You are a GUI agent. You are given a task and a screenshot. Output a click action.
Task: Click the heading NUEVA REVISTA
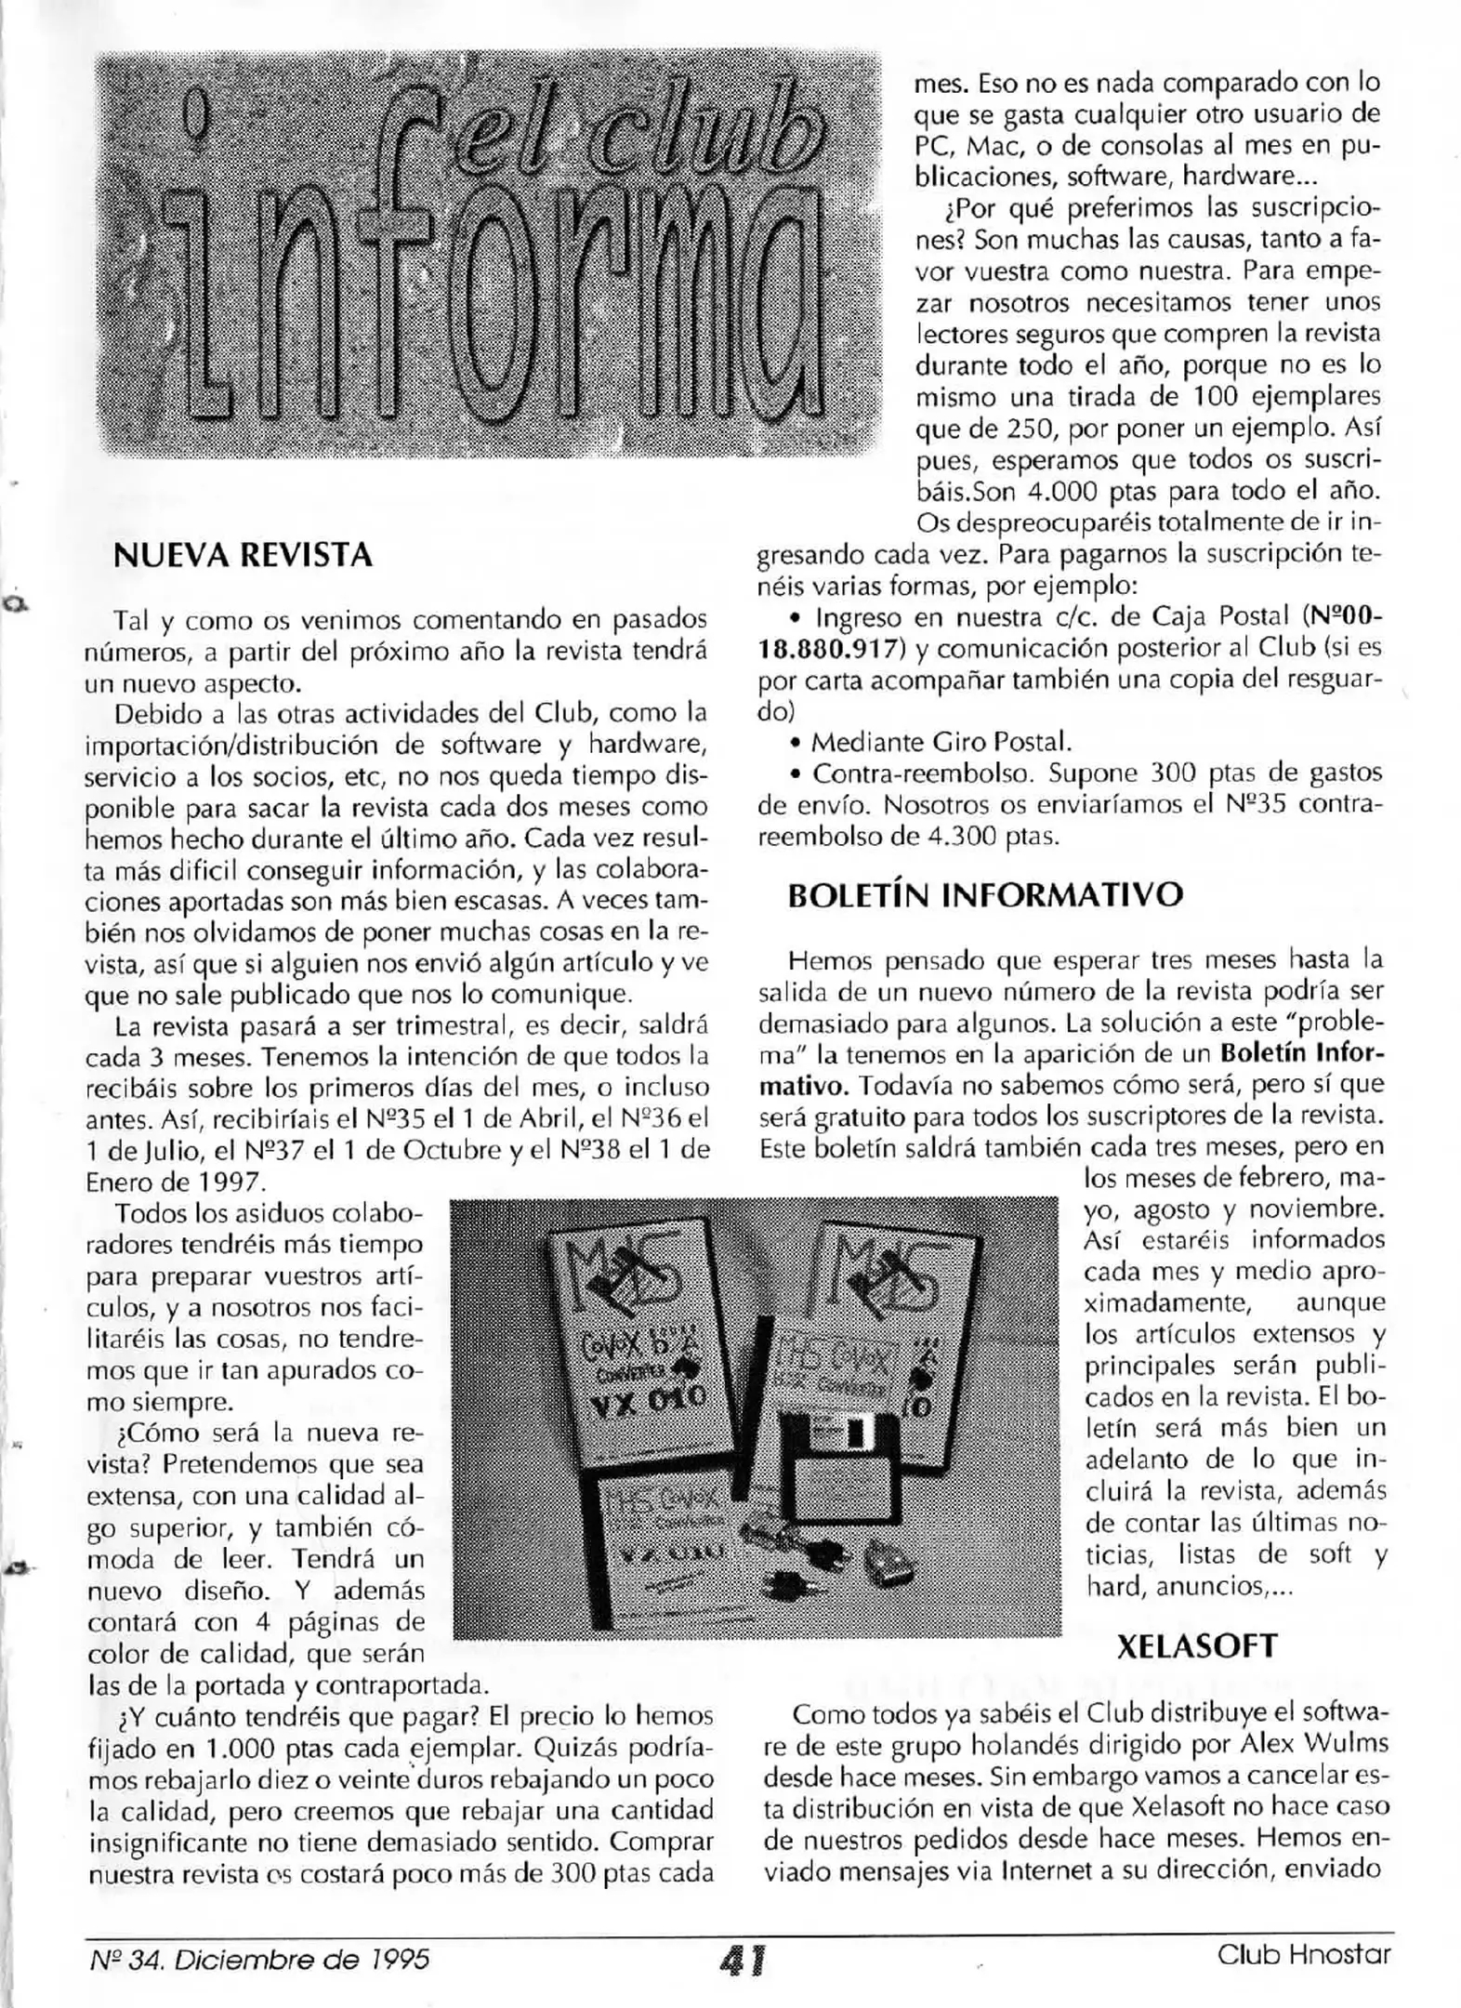coord(242,555)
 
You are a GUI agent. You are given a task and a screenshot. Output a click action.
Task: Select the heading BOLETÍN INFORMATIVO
coord(985,894)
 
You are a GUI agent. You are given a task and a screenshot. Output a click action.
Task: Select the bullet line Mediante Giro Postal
coord(941,742)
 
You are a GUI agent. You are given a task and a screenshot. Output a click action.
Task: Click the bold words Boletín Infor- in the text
coord(1301,1053)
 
